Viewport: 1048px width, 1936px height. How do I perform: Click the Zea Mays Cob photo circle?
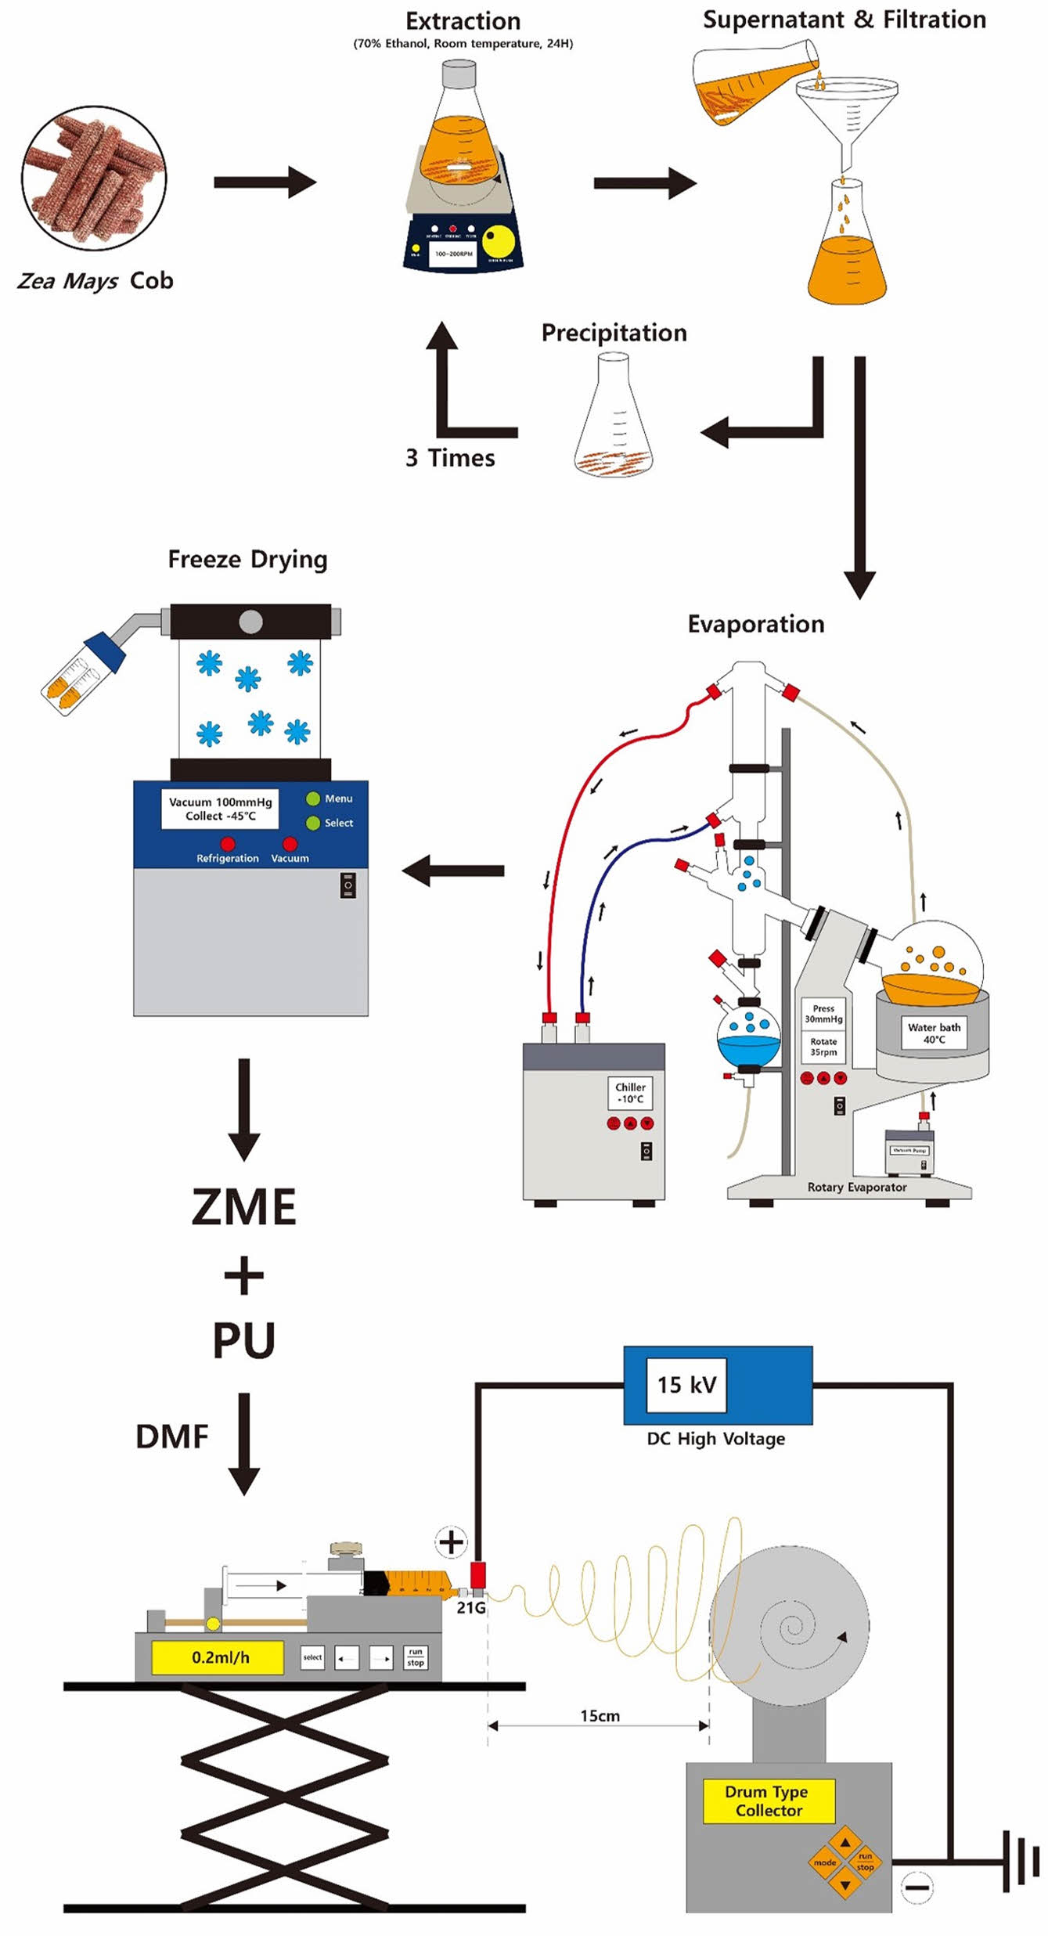point(94,178)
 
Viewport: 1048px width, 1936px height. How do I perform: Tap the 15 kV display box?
point(686,1385)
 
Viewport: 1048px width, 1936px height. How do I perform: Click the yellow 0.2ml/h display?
point(218,1657)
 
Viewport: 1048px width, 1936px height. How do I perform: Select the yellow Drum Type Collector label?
point(769,1801)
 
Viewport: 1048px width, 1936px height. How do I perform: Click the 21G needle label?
point(470,1608)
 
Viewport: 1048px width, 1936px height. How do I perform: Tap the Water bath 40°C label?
point(934,1033)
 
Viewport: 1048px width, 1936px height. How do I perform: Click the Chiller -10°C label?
point(630,1093)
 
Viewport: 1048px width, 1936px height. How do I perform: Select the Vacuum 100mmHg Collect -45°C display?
point(220,809)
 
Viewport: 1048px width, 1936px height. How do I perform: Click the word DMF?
point(172,1437)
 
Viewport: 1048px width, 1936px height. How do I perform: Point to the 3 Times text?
point(450,458)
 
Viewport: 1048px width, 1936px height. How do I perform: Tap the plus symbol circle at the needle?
point(451,1542)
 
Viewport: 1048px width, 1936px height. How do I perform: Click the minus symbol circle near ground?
point(917,1887)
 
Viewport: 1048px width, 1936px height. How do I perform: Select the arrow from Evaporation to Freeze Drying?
point(453,871)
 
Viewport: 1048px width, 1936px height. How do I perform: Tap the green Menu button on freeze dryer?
point(313,799)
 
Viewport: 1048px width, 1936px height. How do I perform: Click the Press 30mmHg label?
point(823,1014)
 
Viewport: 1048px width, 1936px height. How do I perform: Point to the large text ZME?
point(244,1206)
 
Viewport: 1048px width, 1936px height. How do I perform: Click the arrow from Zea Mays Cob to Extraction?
point(265,182)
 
